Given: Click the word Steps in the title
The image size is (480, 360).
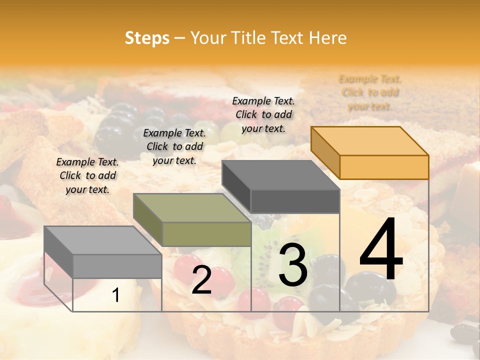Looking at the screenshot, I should click(x=146, y=38).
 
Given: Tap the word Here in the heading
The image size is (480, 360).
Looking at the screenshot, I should click(x=328, y=38).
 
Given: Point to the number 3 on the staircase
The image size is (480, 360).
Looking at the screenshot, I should click(x=292, y=265).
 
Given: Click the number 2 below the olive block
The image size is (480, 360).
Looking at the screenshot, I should click(x=201, y=280).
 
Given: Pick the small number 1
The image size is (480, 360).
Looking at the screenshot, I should click(x=115, y=295).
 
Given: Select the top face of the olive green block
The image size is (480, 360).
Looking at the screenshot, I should click(x=192, y=208).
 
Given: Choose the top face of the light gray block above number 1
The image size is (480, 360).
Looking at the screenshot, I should click(x=103, y=240).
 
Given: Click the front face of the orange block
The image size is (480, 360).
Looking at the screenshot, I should click(x=384, y=167).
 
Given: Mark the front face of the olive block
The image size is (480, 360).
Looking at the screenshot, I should click(x=206, y=234).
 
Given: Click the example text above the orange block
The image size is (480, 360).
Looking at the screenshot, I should click(x=370, y=92).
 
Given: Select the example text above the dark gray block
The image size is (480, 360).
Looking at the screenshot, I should click(x=263, y=114).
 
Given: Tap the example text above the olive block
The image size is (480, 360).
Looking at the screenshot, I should click(x=174, y=146).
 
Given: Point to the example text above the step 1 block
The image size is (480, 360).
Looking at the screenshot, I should click(x=87, y=175).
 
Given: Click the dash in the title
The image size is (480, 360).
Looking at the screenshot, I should click(x=179, y=38).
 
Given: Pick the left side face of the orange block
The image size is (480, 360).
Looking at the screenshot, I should click(x=325, y=152).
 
